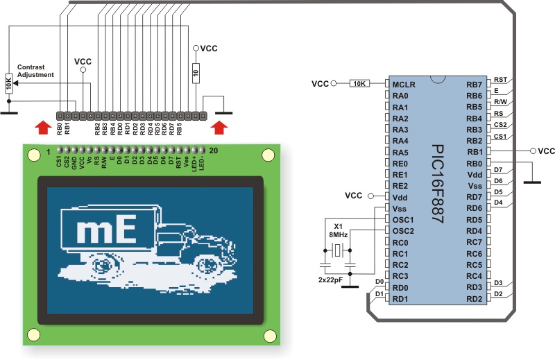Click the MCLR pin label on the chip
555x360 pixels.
(404, 85)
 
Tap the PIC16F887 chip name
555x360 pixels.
(438, 184)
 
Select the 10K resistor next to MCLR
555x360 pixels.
(359, 83)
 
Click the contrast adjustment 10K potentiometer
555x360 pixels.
(9, 83)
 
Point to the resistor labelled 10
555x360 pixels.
(196, 74)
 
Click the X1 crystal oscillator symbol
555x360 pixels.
(338, 250)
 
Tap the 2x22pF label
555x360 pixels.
(331, 280)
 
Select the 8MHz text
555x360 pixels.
(339, 234)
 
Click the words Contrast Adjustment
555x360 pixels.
(35, 71)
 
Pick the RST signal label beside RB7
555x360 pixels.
(500, 80)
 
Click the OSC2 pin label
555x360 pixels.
(403, 231)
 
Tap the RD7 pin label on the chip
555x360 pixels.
(475, 197)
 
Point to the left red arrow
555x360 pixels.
(43, 127)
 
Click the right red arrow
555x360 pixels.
(219, 128)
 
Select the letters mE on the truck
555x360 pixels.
(107, 229)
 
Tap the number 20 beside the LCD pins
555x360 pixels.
(214, 151)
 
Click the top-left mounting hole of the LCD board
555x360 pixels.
(34, 155)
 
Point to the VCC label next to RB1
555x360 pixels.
(546, 151)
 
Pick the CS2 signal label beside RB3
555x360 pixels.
(500, 125)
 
